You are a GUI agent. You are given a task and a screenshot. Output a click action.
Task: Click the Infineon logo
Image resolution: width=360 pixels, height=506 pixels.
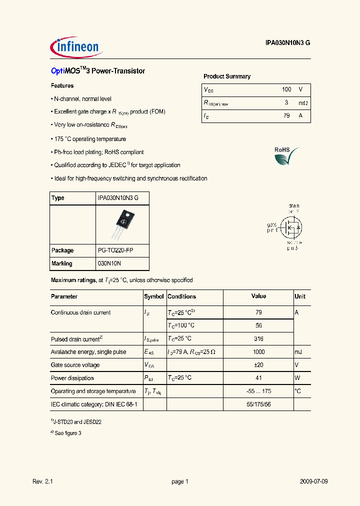coord(76,47)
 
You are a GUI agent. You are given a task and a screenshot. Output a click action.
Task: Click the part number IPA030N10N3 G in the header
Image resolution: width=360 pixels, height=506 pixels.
coord(287,43)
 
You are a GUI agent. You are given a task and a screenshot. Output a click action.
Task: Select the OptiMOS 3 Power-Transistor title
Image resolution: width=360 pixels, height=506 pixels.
coord(98,71)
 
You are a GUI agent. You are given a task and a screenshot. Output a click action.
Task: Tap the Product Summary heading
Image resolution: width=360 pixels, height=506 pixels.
coord(227,76)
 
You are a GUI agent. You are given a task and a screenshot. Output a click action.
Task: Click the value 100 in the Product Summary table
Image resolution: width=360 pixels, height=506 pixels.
coord(286,89)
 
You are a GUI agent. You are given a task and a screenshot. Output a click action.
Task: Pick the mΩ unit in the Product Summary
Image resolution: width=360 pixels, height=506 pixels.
coord(303,102)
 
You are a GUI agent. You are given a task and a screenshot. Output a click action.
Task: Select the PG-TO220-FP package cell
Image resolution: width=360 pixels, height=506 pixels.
coord(115,250)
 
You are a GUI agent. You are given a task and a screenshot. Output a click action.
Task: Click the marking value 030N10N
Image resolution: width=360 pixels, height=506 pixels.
coord(109,263)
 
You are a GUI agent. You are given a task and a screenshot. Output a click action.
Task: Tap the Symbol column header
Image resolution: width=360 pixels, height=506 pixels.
coord(154,296)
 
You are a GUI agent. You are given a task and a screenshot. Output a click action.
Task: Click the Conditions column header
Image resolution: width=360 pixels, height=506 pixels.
coord(182,296)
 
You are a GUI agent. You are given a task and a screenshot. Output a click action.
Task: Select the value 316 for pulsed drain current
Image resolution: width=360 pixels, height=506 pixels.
coord(258,338)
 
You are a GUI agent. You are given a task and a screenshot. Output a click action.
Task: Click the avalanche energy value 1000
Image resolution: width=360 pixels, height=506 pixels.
coord(258,352)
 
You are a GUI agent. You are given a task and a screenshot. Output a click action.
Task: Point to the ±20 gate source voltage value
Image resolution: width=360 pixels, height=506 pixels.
coord(258,365)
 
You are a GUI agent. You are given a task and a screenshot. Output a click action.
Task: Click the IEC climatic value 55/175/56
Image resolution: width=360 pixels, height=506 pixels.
coord(258,404)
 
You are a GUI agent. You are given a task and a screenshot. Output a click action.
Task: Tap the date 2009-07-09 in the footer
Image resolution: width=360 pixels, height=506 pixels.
coord(314,481)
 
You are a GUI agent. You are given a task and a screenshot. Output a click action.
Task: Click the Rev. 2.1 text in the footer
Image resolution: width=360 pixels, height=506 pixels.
coord(42,481)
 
